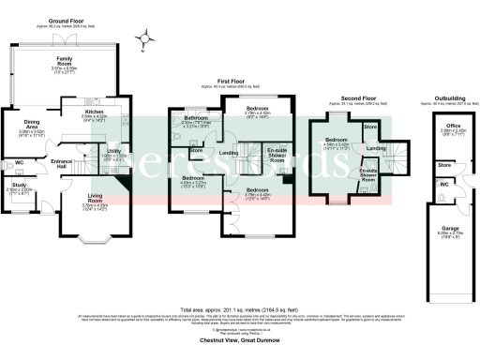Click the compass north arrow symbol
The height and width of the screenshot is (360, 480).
143,38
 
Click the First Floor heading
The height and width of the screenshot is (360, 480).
231,82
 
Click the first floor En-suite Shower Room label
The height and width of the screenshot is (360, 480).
277,155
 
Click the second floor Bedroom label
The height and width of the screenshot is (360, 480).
336,140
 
